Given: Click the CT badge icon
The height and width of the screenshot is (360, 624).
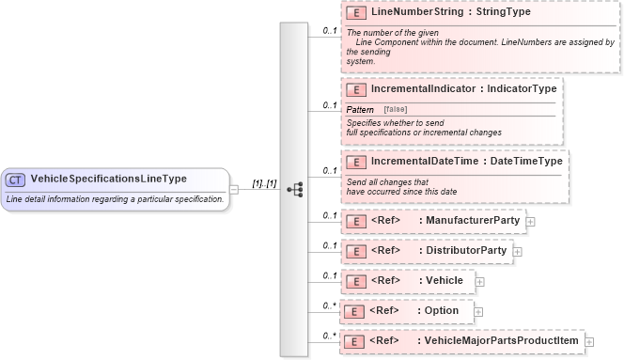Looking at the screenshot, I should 16,180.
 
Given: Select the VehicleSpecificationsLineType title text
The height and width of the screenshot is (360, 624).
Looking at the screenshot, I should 108,180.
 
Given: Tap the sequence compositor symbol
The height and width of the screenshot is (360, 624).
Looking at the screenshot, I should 294,189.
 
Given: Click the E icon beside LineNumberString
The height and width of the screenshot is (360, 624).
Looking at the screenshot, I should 356,14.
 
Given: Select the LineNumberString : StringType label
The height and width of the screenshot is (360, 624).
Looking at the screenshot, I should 451,14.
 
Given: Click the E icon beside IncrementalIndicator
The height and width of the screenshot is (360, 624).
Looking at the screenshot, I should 356,89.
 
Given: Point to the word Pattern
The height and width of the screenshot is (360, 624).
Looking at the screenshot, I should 361,110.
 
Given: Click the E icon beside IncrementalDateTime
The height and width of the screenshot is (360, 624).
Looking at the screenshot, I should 356,162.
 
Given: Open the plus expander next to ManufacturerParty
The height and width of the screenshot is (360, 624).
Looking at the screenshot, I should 531,222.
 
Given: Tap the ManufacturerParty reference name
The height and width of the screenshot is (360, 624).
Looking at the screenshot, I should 473,221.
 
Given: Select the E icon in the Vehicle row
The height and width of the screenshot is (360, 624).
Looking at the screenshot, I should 356,281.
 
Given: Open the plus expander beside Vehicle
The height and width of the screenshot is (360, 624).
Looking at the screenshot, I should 480,281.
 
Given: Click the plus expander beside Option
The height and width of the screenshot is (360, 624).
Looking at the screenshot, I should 478,311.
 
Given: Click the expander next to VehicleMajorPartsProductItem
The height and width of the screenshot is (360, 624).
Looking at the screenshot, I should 589,341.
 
